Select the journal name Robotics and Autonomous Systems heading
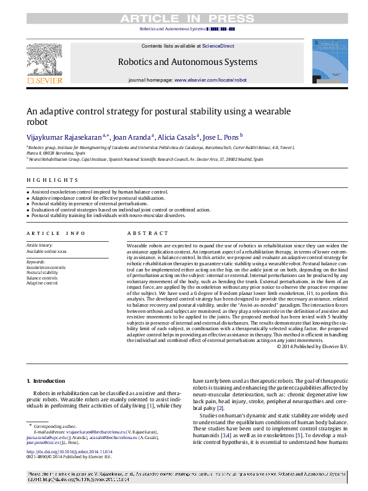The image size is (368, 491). [x=187, y=62]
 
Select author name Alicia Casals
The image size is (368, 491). [x=178, y=137]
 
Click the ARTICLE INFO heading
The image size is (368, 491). [x=56, y=233]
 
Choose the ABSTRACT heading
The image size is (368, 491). [x=147, y=233]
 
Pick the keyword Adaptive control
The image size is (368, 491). [x=42, y=283]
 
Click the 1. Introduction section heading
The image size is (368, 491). [x=46, y=380]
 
